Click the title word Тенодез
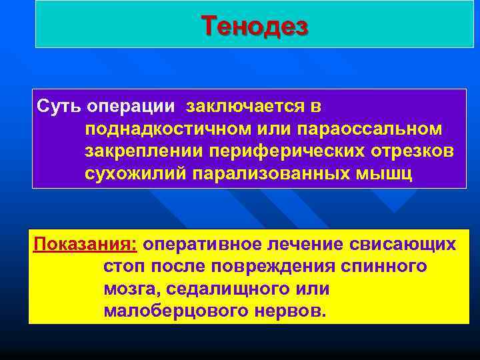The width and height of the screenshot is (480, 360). pyautogui.click(x=255, y=27)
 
